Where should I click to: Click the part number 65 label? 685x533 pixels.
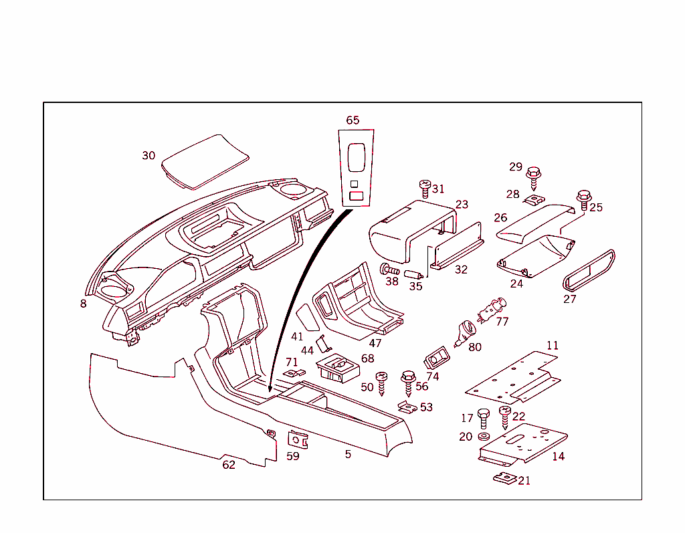(353, 120)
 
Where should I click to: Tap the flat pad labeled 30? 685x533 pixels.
(205, 161)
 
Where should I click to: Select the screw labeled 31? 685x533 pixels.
(424, 188)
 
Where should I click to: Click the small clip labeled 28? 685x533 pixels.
(533, 201)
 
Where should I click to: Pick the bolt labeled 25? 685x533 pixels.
(583, 200)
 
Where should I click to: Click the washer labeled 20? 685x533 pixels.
(484, 437)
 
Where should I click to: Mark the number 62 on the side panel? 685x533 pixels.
(229, 465)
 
